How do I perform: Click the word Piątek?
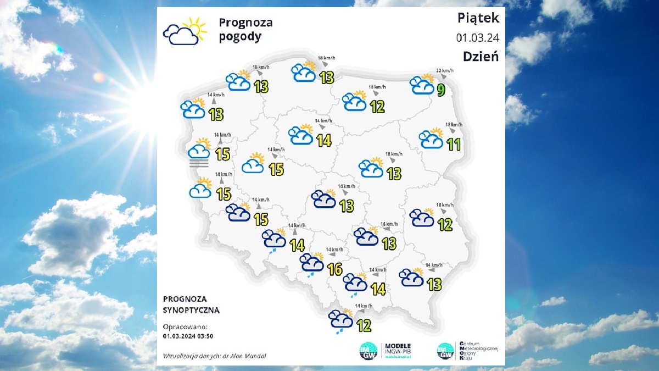click(x=478, y=18)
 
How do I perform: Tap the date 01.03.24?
click(x=477, y=38)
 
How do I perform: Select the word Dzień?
click(x=481, y=56)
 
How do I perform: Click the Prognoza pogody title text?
click(x=245, y=30)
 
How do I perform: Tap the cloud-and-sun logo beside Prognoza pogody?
click(x=185, y=31)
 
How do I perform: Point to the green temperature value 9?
click(x=440, y=90)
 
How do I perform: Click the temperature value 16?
click(x=334, y=269)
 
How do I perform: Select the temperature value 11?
click(x=453, y=145)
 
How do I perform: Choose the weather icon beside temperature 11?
click(x=431, y=139)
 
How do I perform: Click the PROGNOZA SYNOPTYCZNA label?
click(x=191, y=304)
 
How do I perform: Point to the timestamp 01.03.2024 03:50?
click(x=188, y=336)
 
